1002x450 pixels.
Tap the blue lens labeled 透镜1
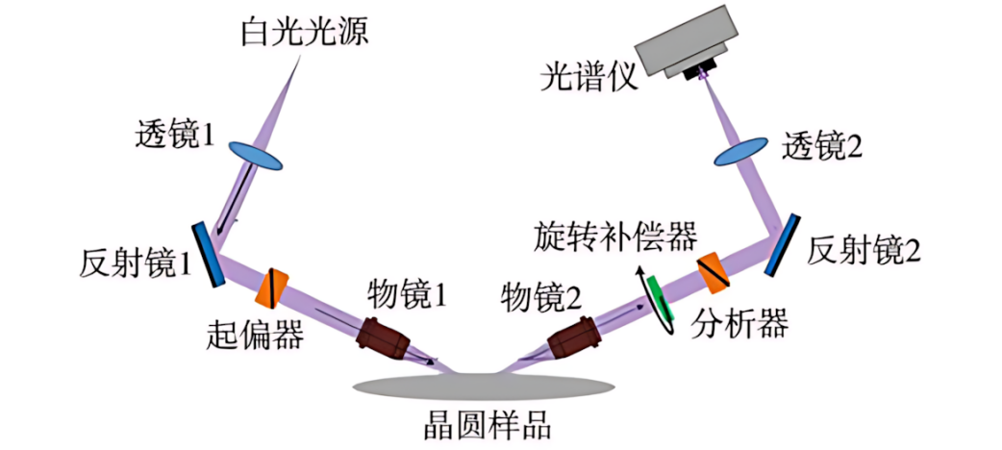(x=256, y=153)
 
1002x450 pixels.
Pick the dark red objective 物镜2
(x=574, y=338)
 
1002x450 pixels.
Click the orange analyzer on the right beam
(x=714, y=271)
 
